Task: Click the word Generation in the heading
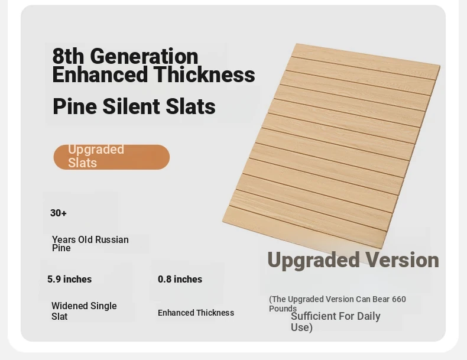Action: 144,56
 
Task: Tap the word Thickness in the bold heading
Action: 205,74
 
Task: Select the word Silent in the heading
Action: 131,106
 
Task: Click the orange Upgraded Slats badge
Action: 111,157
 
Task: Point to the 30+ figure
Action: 59,213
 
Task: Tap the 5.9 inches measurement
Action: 69,279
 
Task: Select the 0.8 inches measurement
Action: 180,279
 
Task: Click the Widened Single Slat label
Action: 84,311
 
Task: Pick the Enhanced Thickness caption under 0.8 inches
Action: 196,313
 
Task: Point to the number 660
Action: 399,299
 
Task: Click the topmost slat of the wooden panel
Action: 366,61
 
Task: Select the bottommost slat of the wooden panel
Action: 304,227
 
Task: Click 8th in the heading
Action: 69,56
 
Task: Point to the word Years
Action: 64,239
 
